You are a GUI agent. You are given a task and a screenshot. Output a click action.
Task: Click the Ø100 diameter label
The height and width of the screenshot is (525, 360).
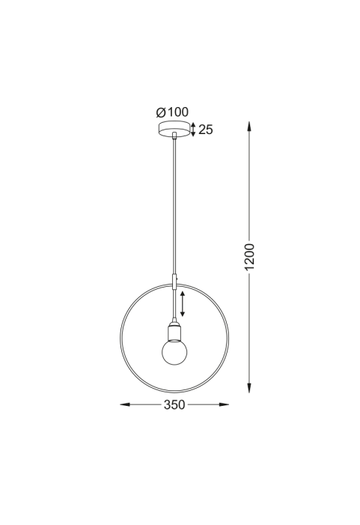coord(172,112)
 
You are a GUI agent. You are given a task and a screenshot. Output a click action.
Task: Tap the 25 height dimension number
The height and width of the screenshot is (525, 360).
coord(206,130)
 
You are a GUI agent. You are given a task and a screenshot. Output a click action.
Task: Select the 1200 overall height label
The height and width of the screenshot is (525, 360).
coord(249,257)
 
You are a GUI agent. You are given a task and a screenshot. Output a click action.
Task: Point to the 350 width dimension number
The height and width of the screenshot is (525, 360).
coord(174,405)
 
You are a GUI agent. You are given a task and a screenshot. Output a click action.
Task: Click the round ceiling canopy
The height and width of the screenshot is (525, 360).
coord(174,129)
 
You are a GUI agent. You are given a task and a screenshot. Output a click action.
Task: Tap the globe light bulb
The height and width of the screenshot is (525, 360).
coord(174,352)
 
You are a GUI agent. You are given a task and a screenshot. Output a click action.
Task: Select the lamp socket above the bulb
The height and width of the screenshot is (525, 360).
coord(174,331)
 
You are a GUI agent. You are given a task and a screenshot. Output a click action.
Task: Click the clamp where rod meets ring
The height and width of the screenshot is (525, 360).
coord(174,281)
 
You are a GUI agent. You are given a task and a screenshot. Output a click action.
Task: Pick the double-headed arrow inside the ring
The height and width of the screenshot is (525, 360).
coord(183,303)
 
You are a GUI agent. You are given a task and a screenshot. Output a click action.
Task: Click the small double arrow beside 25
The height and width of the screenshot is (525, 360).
coord(193,130)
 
